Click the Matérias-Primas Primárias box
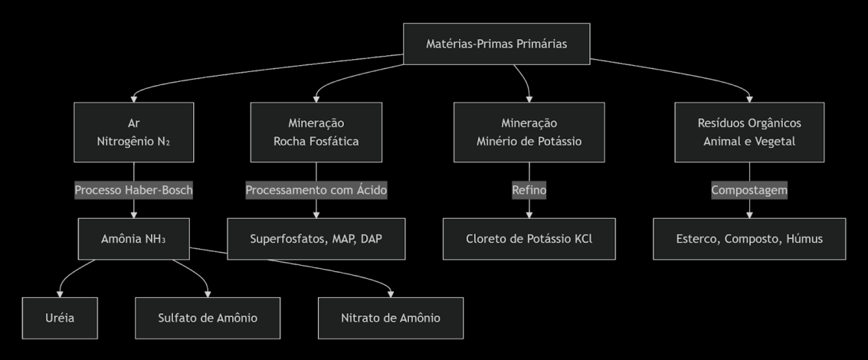[496, 44]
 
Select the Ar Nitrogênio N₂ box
[134, 132]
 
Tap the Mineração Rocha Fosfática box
[316, 132]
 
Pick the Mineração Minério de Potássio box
[529, 132]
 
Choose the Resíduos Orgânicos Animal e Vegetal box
[749, 132]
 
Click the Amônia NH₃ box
[134, 238]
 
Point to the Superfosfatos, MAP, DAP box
[316, 238]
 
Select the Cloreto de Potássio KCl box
[529, 238]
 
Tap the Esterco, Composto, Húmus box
[749, 238]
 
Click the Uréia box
[59, 318]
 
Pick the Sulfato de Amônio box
[208, 318]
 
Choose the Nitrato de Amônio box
[391, 318]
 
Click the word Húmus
[804, 238]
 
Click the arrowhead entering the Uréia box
[59, 293]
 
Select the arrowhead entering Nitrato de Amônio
[391, 293]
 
